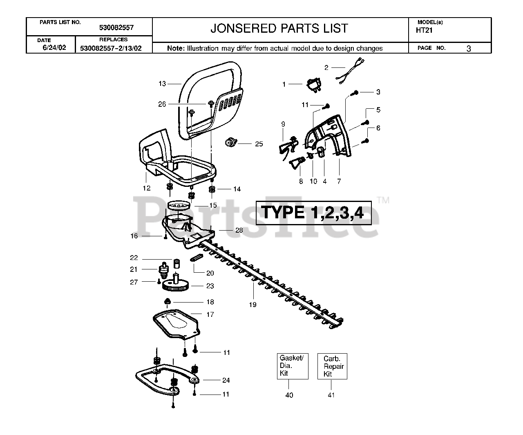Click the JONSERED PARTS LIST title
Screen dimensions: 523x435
(x=279, y=28)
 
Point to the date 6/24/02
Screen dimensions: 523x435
(x=54, y=47)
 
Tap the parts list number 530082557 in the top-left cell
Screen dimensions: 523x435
(x=116, y=28)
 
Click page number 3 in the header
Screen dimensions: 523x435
(x=469, y=48)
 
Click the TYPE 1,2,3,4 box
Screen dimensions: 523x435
(x=313, y=213)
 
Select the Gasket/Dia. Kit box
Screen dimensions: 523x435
(x=292, y=366)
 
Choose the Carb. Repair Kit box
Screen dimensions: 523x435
(x=333, y=366)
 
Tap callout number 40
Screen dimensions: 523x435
(x=289, y=395)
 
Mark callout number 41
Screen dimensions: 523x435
(x=331, y=395)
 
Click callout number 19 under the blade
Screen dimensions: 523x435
(x=253, y=304)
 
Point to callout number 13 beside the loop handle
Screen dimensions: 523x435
(x=162, y=84)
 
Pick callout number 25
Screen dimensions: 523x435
(x=259, y=144)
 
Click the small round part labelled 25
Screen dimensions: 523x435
(x=231, y=143)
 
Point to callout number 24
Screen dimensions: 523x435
(x=226, y=380)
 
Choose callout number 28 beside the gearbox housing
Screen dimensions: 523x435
(x=239, y=230)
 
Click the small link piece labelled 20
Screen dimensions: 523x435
(x=197, y=258)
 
